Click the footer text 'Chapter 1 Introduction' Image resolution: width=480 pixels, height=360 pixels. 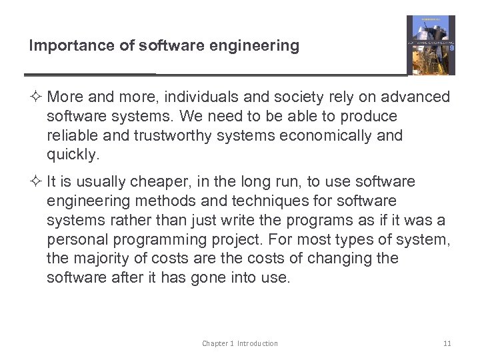(x=240, y=343)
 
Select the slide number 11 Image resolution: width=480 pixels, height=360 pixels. (x=447, y=343)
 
